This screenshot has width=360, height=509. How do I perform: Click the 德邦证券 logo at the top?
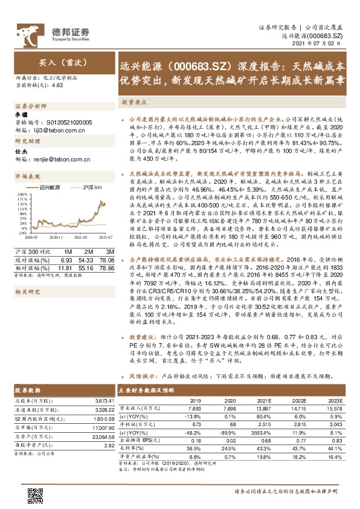[53, 31]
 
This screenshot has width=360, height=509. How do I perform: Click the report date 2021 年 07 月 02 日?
[324, 45]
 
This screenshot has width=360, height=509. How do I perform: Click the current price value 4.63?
[58, 86]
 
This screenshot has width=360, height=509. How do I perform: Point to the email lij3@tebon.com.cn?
[60, 129]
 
